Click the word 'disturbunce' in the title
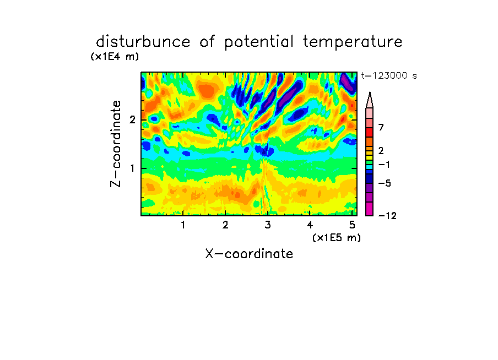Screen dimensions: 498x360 [x=143, y=42]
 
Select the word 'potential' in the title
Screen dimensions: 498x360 [x=258, y=42]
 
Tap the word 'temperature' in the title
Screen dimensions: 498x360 [x=353, y=42]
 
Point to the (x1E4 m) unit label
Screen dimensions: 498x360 [x=115, y=57]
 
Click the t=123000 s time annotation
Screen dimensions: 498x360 [x=389, y=75]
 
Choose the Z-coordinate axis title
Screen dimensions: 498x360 [x=116, y=144]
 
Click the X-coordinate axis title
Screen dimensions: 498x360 [x=249, y=254]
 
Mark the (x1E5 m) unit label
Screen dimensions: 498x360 [x=337, y=237]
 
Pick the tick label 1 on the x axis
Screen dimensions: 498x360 [x=183, y=225]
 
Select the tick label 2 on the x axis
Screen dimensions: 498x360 [x=225, y=225]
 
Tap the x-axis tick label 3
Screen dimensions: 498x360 [x=268, y=225]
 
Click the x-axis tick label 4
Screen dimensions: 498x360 [x=310, y=225]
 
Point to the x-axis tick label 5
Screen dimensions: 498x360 [x=352, y=225]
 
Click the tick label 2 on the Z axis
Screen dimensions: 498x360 [x=132, y=120]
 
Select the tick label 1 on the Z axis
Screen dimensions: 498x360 [x=132, y=168]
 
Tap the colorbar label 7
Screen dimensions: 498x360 [x=381, y=128]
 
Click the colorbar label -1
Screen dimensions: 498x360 [x=385, y=165]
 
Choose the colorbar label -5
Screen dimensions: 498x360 [x=385, y=183]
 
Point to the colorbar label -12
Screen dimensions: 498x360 [x=387, y=216]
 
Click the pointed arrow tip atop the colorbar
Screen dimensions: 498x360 [x=370, y=92]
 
